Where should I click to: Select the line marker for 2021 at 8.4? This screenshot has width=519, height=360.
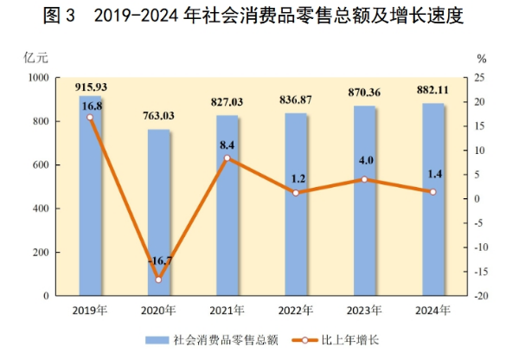click(227, 157)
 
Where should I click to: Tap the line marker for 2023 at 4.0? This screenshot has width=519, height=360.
click(364, 179)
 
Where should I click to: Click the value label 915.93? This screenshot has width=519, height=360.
click(91, 87)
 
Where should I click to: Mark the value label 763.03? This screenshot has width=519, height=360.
click(158, 117)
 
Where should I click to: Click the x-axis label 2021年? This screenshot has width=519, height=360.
click(227, 311)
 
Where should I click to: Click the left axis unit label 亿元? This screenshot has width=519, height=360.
click(35, 58)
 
